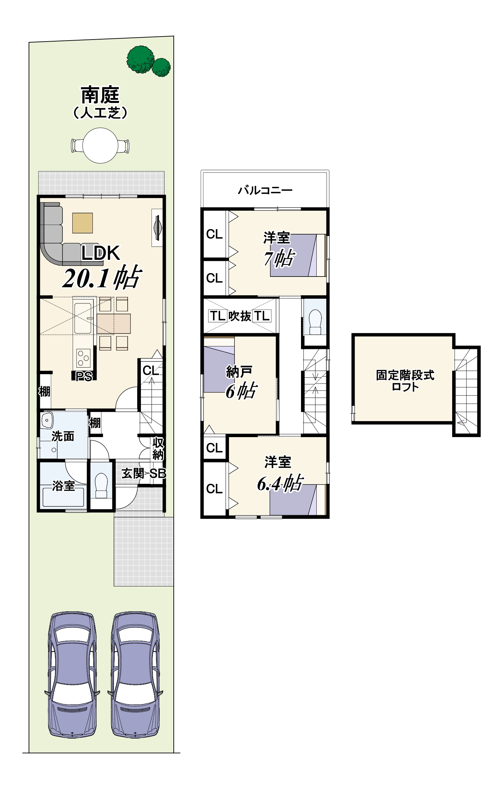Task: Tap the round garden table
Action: tap(100, 146)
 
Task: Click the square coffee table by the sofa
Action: tap(83, 223)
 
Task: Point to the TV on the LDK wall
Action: tap(157, 227)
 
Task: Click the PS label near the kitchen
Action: tap(84, 376)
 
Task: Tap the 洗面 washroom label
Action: tap(63, 436)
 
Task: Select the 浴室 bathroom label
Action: tap(63, 486)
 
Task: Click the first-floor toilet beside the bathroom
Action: tap(101, 486)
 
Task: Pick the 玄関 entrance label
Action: tap(133, 473)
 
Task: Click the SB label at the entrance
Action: tap(158, 473)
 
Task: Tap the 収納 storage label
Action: tap(158, 449)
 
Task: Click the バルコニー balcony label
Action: tap(265, 190)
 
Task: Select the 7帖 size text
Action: tap(279, 258)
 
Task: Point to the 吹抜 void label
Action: tap(240, 316)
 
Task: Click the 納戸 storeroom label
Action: tap(239, 372)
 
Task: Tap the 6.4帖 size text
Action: tap(280, 483)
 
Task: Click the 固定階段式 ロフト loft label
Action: tap(405, 381)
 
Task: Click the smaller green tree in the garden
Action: tap(161, 67)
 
